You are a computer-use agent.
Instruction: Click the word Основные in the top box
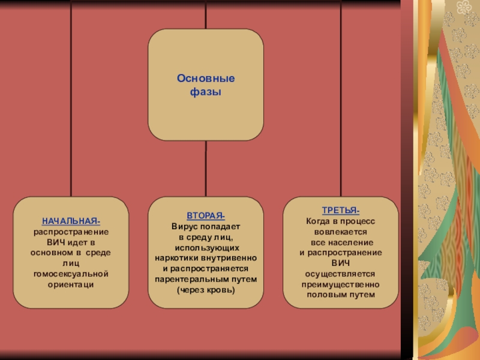pos(206,79)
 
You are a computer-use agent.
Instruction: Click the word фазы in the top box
pos(206,92)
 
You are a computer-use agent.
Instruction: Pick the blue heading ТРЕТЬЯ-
pos(340,211)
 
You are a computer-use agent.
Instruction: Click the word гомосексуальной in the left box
pos(71,273)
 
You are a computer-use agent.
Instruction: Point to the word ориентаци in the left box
pos(71,284)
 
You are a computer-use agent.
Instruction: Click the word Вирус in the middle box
pos(184,227)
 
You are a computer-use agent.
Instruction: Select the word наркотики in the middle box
pos(175,258)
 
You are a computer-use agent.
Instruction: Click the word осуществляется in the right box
pos(340,274)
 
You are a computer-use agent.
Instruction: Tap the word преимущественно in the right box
pos(340,284)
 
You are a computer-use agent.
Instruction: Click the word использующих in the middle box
pos(206,248)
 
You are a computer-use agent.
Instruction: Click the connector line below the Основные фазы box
pos(206,168)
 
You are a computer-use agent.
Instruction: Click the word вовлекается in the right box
pos(340,232)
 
